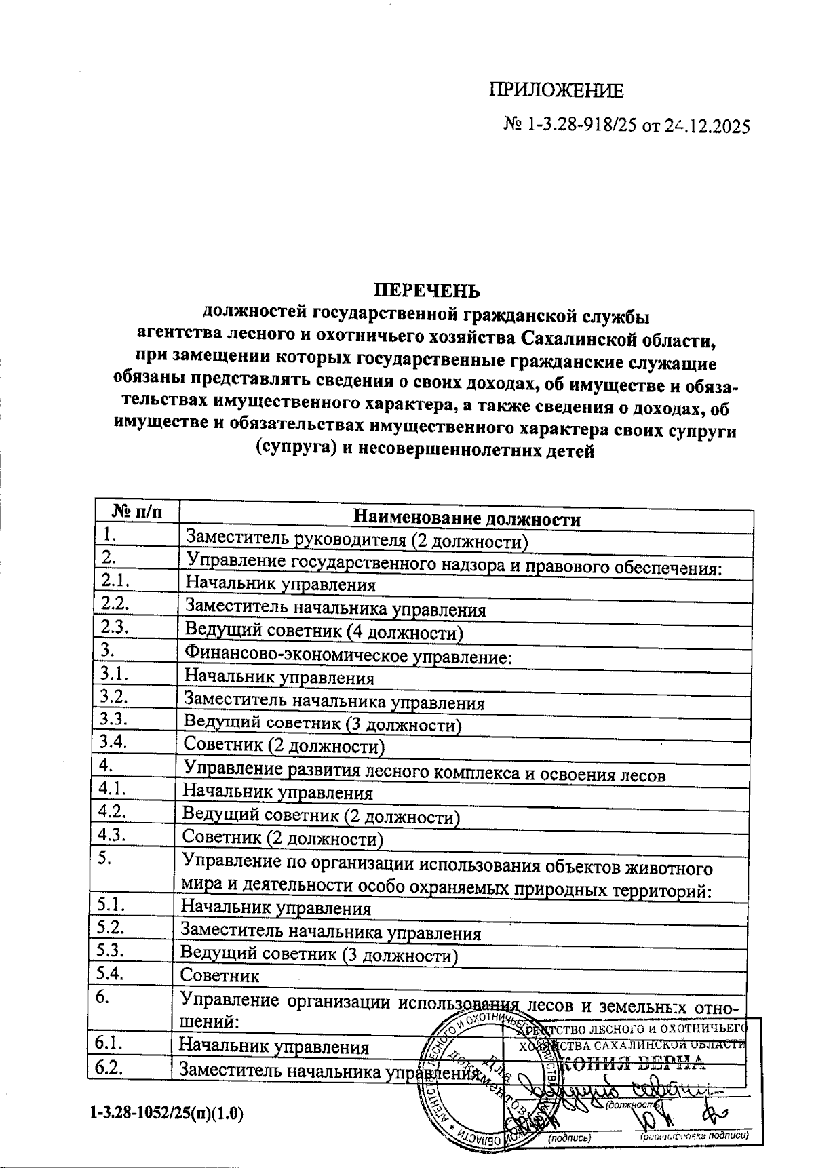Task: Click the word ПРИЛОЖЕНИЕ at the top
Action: [x=556, y=91]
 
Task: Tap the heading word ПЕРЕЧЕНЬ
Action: [x=427, y=290]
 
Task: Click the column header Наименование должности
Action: [x=467, y=520]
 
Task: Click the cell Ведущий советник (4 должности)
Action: [x=324, y=633]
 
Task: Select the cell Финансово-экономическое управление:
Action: [x=347, y=656]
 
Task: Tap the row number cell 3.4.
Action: [x=113, y=741]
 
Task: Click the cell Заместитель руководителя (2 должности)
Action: [x=357, y=541]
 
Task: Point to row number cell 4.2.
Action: [x=113, y=811]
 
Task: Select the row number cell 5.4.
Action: [x=111, y=973]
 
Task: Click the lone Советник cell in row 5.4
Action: [x=220, y=976]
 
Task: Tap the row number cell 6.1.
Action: [x=109, y=1043]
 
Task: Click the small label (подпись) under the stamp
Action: [x=570, y=1137]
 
